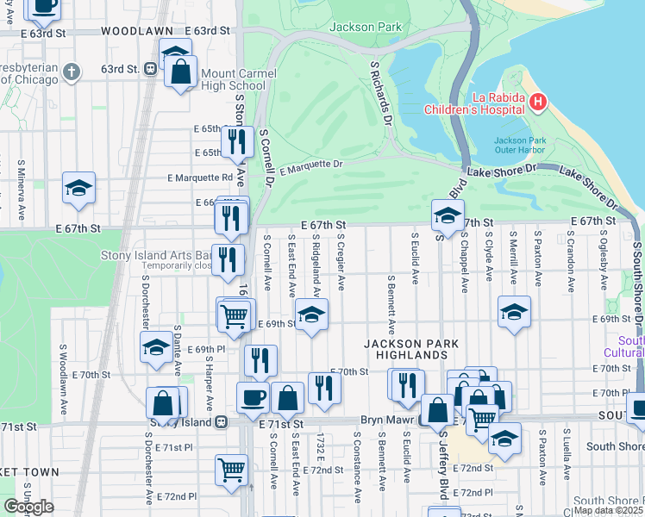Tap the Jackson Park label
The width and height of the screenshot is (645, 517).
[x=366, y=27]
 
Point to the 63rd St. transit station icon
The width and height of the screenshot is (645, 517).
[x=150, y=68]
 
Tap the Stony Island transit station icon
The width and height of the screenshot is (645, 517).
[x=222, y=422]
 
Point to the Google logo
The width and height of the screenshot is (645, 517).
[x=28, y=507]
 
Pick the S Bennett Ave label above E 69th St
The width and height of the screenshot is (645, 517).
[x=391, y=304]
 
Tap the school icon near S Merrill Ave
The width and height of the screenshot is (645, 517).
[x=514, y=313]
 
